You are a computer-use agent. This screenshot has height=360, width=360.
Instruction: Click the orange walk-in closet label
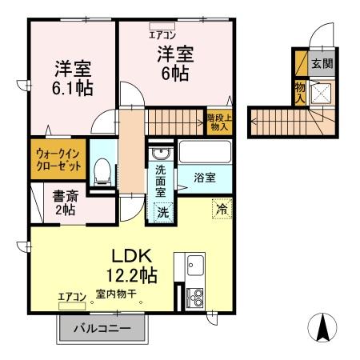(58, 161)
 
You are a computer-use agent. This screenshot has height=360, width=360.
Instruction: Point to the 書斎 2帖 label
(53, 202)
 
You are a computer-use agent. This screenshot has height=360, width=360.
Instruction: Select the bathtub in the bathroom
(205, 151)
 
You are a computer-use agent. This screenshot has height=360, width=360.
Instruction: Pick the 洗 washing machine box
(162, 212)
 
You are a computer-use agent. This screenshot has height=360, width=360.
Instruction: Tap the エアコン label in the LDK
(71, 297)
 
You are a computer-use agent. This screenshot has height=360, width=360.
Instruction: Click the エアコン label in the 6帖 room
(162, 34)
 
